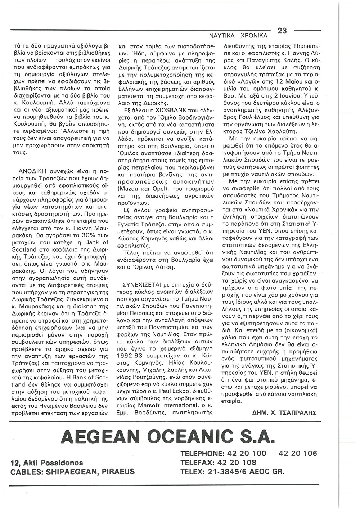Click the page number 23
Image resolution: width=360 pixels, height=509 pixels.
coord(282,31)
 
